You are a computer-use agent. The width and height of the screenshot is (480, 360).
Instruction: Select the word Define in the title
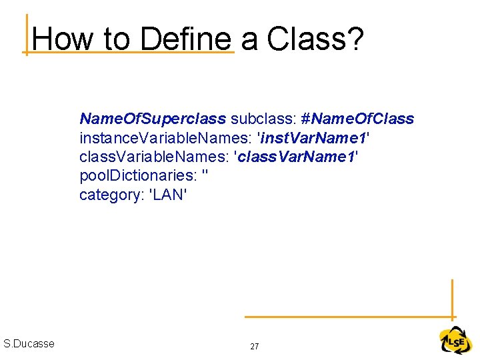coord(186,39)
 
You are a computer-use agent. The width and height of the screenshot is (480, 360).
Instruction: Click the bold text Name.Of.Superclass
coord(153,119)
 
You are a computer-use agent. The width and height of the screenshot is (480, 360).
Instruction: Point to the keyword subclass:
coord(263,119)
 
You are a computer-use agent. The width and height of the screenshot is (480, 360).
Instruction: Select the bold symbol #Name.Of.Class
coord(357,119)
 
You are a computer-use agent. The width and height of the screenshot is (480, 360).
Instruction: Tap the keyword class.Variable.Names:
coord(155,157)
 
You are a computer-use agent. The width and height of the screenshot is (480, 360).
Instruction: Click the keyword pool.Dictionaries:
coord(137,177)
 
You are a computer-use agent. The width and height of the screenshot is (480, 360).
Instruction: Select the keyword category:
coord(109,195)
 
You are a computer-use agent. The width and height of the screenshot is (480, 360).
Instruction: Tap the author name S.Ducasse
coord(29,344)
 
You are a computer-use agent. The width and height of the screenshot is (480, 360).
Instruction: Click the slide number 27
coord(254,347)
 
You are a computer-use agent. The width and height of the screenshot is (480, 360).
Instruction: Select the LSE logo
coord(455,341)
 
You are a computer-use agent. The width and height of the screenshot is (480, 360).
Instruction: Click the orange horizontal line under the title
coord(130,51)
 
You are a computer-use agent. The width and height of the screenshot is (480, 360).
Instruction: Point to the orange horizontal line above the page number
coord(347,317)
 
